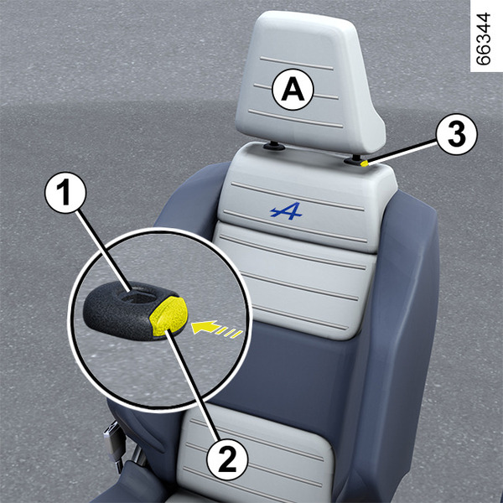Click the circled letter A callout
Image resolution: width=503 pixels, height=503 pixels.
(293, 91)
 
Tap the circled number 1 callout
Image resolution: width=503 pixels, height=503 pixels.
(65, 193)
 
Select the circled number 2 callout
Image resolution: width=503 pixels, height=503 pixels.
(227, 459)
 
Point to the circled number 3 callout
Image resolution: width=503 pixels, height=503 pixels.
(457, 134)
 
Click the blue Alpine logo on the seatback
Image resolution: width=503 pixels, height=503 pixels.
(286, 210)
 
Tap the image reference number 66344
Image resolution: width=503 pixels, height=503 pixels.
(484, 39)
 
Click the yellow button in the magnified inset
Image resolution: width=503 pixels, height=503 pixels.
(169, 316)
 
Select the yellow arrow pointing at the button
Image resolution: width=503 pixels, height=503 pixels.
(217, 329)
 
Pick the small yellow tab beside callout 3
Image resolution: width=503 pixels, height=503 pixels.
(365, 163)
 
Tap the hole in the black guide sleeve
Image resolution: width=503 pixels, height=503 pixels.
(139, 297)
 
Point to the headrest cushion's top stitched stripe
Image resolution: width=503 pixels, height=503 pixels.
(297, 63)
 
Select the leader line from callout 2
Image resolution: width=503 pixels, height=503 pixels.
(193, 386)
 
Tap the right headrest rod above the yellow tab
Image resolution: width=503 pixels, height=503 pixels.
(356, 158)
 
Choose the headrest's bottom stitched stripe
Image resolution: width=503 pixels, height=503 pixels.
(295, 118)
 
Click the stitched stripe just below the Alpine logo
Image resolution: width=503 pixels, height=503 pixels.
(295, 226)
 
